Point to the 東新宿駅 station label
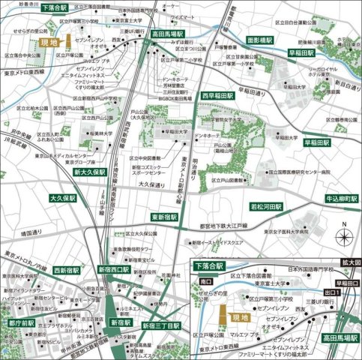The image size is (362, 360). click(163, 217)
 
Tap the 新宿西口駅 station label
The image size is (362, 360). click(114, 268)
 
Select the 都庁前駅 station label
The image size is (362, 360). click(22, 322)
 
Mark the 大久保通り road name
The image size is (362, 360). click(151, 183)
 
